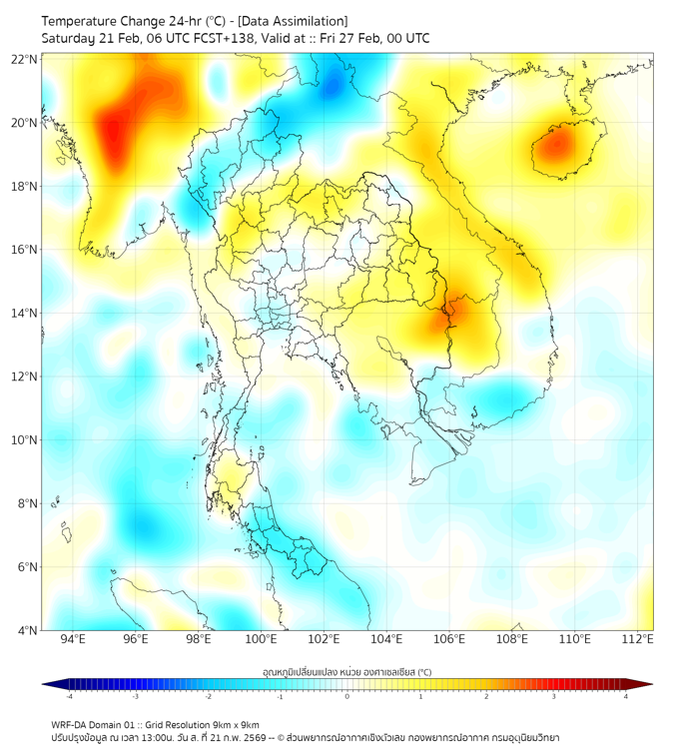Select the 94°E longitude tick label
pyautogui.click(x=73, y=640)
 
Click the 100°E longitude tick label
pyautogui.click(x=261, y=640)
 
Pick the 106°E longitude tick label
pyautogui.click(x=449, y=640)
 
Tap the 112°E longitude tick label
pyautogui.click(x=638, y=640)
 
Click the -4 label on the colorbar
pyautogui.click(x=68, y=697)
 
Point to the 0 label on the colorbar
pyautogui.click(x=347, y=697)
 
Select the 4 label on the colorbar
pyautogui.click(x=625, y=697)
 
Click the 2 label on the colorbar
pyautogui.click(x=486, y=697)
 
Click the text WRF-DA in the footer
pyautogui.click(x=70, y=724)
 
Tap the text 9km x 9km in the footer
pyautogui.click(x=233, y=724)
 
